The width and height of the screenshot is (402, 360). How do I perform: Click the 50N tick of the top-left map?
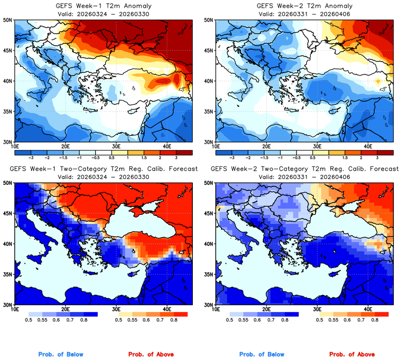[8, 20]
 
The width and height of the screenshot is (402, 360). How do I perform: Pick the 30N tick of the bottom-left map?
[8, 305]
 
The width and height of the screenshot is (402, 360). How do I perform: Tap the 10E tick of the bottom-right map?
[216, 309]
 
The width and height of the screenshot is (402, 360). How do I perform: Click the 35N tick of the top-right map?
[209, 111]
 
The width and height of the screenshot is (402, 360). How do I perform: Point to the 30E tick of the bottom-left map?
[116, 309]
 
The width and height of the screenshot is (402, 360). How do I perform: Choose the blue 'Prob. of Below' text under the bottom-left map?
[60, 355]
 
